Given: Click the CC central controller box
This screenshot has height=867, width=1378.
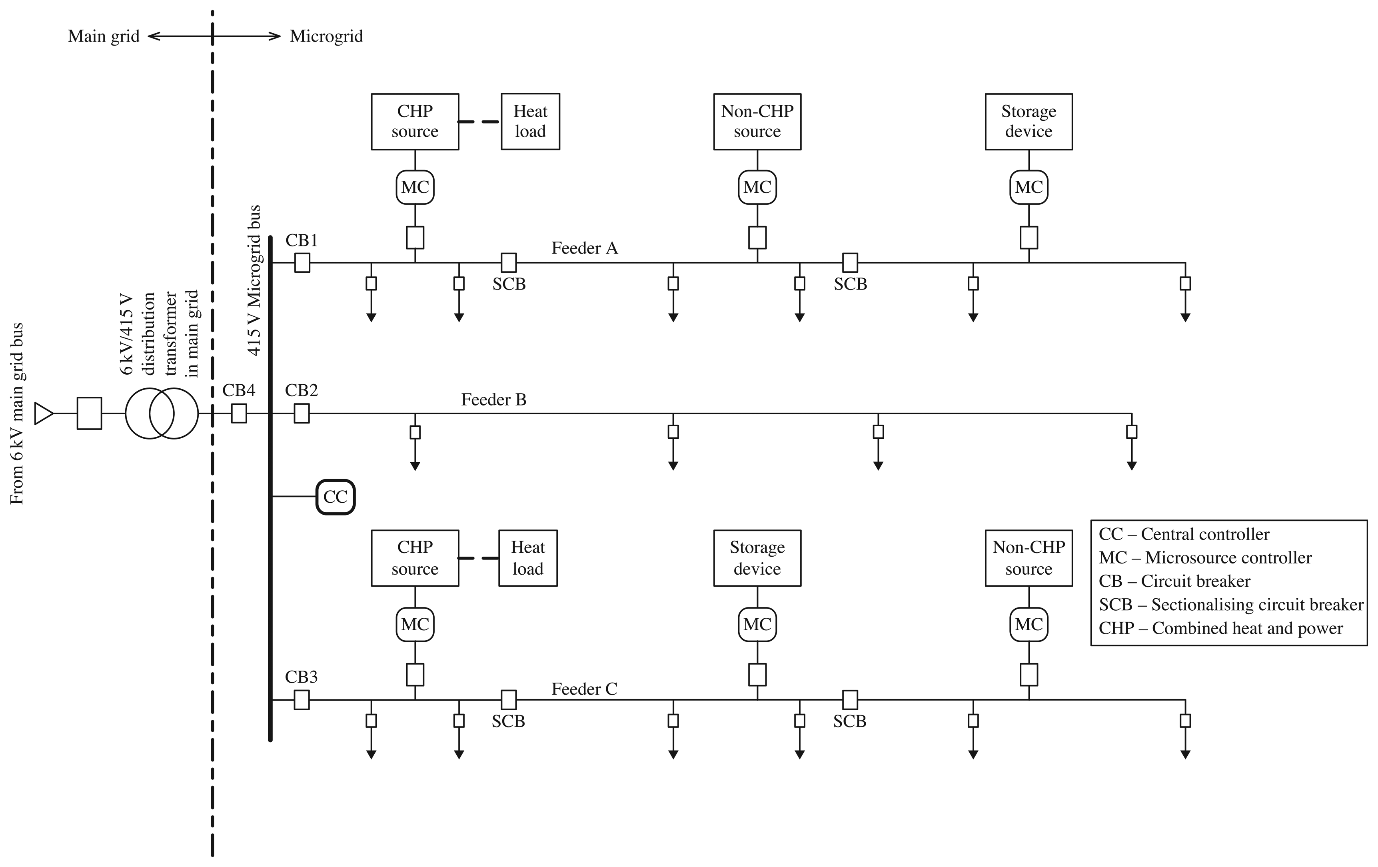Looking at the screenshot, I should (x=336, y=497).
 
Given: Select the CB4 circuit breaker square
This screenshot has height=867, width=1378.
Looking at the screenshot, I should (x=239, y=413).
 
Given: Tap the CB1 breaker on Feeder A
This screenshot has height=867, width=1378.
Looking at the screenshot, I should (x=302, y=263).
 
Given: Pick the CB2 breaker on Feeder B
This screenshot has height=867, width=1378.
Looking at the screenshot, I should (x=302, y=413).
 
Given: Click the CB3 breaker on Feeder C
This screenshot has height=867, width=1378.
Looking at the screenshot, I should (x=302, y=699).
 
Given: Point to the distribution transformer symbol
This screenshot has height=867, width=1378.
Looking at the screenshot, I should (x=162, y=413).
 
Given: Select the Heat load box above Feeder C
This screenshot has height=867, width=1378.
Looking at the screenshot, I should (x=527, y=558).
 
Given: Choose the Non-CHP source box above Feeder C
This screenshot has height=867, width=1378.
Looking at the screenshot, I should (x=1029, y=558).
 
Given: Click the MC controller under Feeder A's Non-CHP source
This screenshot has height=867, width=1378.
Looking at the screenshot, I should (x=757, y=187).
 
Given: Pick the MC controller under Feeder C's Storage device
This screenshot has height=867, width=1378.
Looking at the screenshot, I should (x=757, y=624).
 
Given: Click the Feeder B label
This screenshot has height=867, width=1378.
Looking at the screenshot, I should (x=493, y=400).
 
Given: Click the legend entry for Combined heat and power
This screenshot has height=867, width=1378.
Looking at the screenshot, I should (x=1220, y=628).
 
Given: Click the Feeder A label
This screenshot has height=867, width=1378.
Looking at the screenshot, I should (x=584, y=248).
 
